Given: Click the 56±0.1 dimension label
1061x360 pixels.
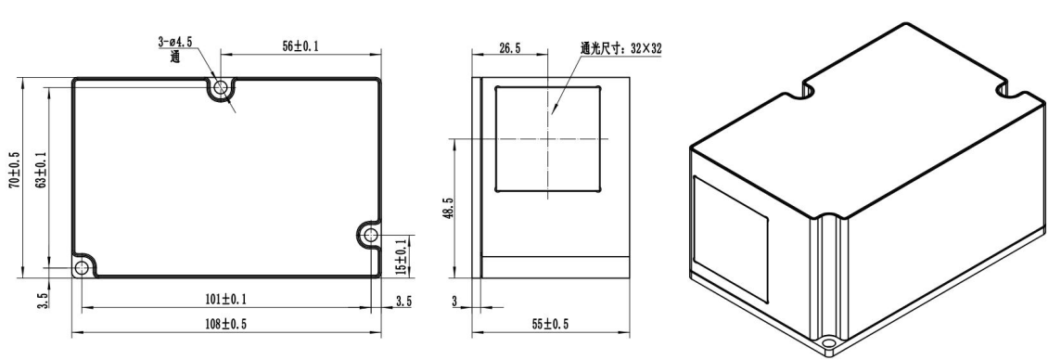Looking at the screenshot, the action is click(x=300, y=46).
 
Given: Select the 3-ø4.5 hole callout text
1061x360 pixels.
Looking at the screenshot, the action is click(x=175, y=42).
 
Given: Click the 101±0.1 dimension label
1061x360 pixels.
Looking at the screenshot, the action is click(x=226, y=299).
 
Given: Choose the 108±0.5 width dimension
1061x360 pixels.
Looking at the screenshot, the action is click(x=226, y=324).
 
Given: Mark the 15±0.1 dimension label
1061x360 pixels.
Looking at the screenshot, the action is click(x=402, y=257).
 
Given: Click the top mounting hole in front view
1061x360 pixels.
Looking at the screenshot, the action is click(x=220, y=87).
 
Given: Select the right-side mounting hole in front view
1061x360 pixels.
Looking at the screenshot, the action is click(x=370, y=236).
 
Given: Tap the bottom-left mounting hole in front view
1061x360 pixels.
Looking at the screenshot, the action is click(x=82, y=268).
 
